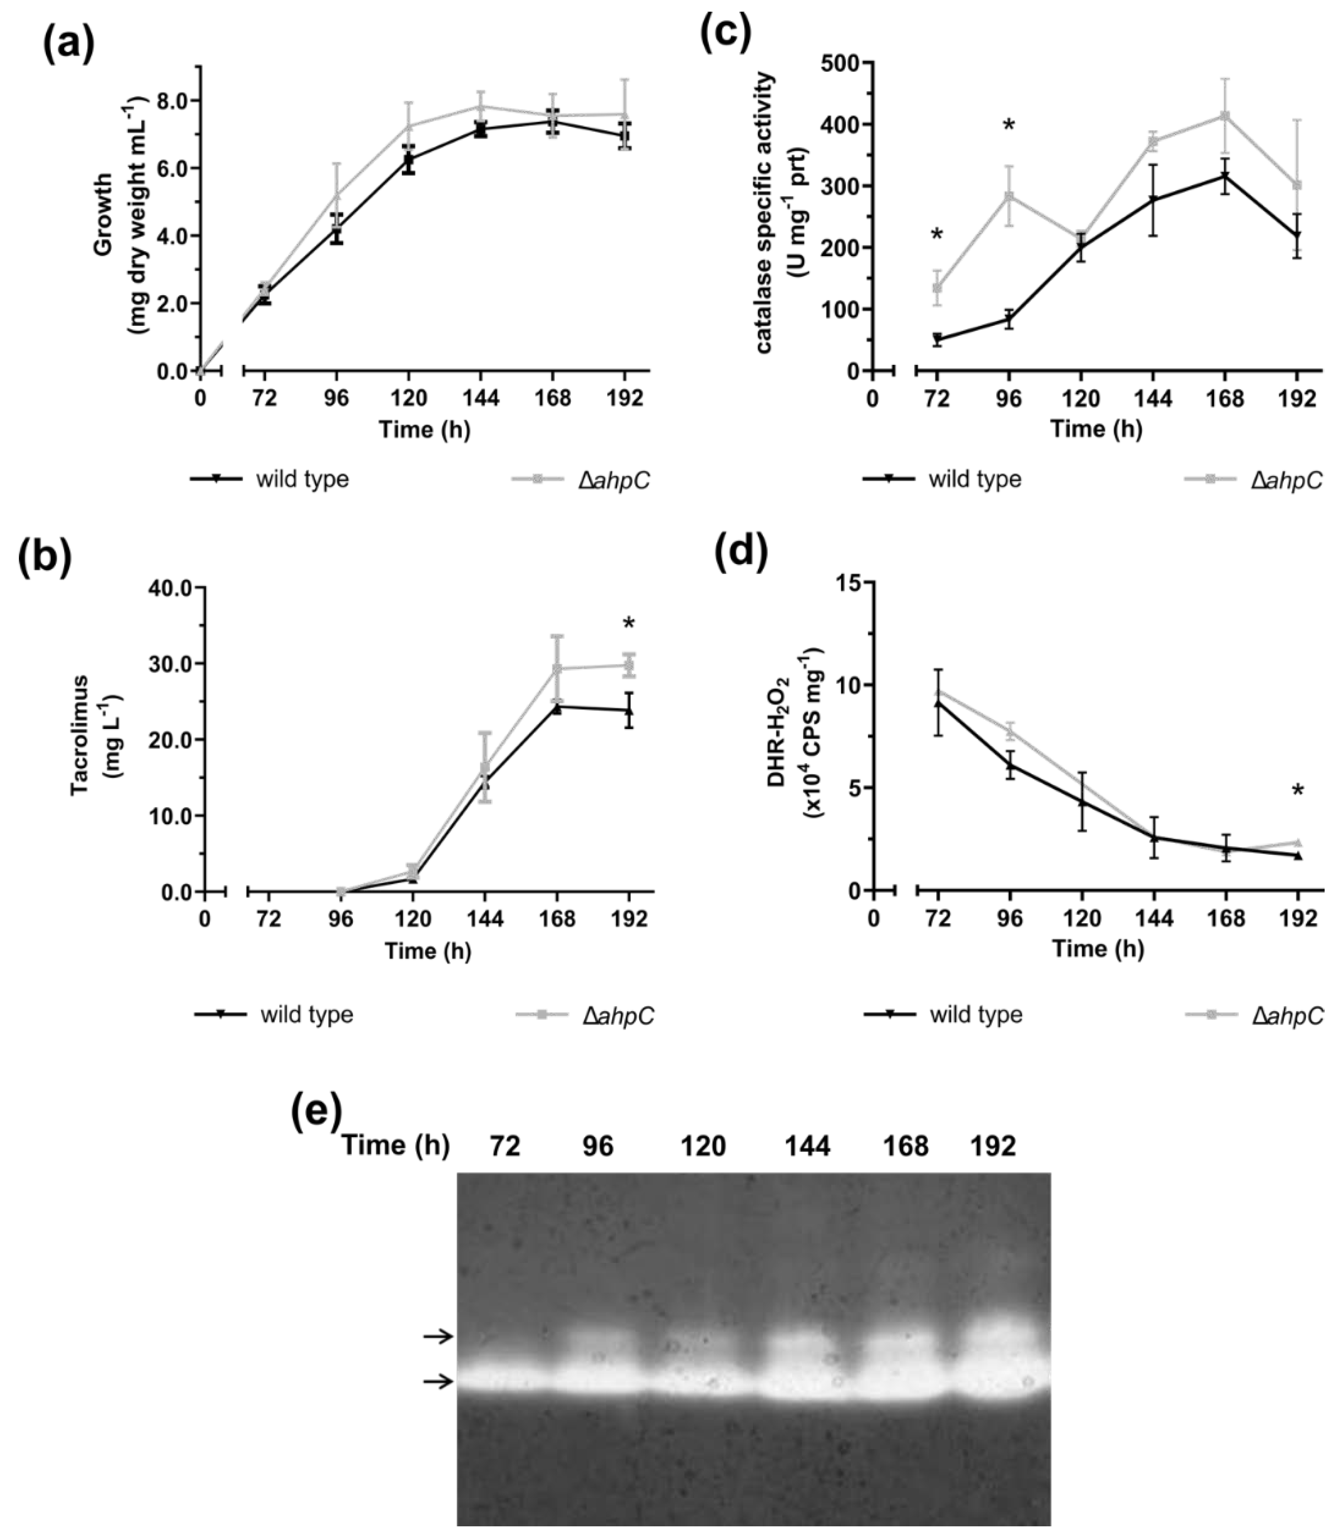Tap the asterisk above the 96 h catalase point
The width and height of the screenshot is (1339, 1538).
(1009, 125)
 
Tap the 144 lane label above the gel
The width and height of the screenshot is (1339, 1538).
(807, 1146)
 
